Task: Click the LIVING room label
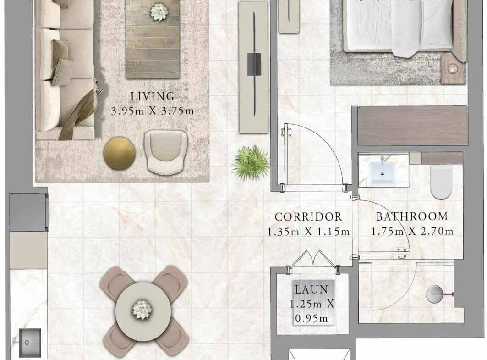pyautogui.click(x=152, y=97)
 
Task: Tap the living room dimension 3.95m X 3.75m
pyautogui.click(x=152, y=111)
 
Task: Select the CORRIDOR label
pyautogui.click(x=308, y=216)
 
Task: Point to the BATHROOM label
pyautogui.click(x=412, y=216)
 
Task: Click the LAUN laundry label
pyautogui.click(x=312, y=289)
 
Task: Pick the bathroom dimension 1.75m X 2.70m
pyautogui.click(x=412, y=231)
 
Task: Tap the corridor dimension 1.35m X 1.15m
pyautogui.click(x=308, y=232)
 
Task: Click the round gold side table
pyautogui.click(x=120, y=153)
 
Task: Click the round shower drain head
pyautogui.click(x=434, y=294)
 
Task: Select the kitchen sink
pyautogui.click(x=30, y=343)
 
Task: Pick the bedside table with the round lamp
pyautogui.click(x=453, y=70)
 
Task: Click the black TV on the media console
pyautogui.click(x=254, y=64)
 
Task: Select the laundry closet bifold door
pyautogui.click(x=313, y=259)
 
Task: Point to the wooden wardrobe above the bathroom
pyautogui.click(x=413, y=126)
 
